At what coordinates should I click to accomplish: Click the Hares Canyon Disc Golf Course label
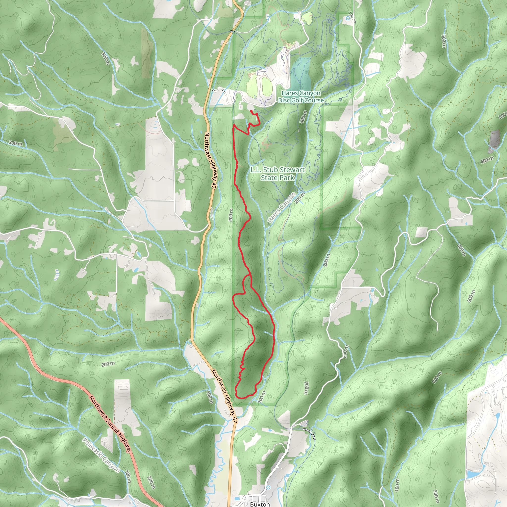(x=301, y=97)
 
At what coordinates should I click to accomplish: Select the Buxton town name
(x=259, y=504)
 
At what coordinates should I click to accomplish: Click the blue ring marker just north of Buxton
(x=268, y=487)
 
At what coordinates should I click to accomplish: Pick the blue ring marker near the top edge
(x=348, y=18)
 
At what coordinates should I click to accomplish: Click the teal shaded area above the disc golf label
(x=301, y=71)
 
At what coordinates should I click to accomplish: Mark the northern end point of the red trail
(x=252, y=111)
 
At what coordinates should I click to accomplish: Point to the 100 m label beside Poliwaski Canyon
(x=128, y=477)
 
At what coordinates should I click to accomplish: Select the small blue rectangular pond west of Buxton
(x=237, y=498)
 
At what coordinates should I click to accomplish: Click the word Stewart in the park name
(x=292, y=170)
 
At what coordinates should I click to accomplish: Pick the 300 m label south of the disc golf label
(x=303, y=117)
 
